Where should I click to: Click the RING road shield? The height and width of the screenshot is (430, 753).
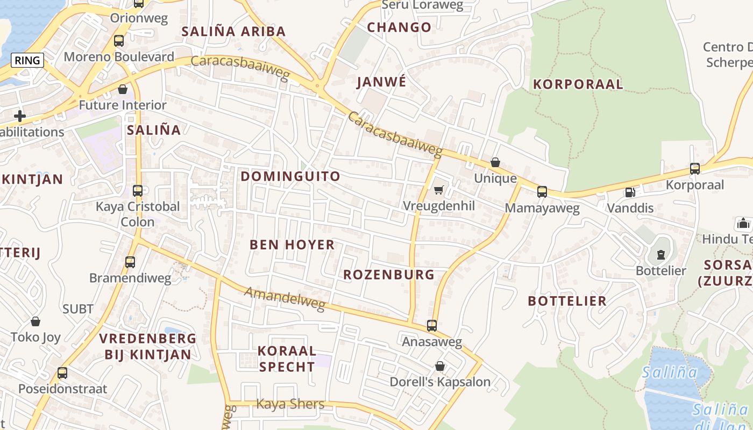pos(27,60)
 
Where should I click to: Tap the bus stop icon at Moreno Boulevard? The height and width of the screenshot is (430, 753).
pos(119,40)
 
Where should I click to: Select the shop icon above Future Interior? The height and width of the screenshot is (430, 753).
pos(123,89)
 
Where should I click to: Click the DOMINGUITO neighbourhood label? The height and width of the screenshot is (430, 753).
pos(290,176)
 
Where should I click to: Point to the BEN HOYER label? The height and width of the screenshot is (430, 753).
pos(292,245)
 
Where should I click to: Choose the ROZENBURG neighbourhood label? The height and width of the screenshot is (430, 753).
pos(389,275)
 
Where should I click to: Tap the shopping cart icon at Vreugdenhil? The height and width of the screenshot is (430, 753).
pos(439,190)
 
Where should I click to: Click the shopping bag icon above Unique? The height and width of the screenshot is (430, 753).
pos(495,162)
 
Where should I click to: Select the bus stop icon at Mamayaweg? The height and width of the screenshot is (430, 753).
pos(542,191)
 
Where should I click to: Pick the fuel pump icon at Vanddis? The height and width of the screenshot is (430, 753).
pos(630,192)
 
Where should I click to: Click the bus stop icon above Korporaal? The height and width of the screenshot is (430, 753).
pos(695,169)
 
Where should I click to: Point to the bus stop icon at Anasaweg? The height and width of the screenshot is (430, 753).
pos(432,325)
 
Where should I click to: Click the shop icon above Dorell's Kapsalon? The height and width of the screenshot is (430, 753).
pos(440,366)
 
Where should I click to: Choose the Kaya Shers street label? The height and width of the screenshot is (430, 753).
pos(290,404)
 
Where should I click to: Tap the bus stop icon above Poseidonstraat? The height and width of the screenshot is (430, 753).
pos(62,372)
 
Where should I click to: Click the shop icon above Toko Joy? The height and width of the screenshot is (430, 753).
pos(35,321)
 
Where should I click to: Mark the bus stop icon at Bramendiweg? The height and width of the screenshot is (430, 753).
pos(130,262)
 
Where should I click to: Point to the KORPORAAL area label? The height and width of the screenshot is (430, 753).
pos(578,84)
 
